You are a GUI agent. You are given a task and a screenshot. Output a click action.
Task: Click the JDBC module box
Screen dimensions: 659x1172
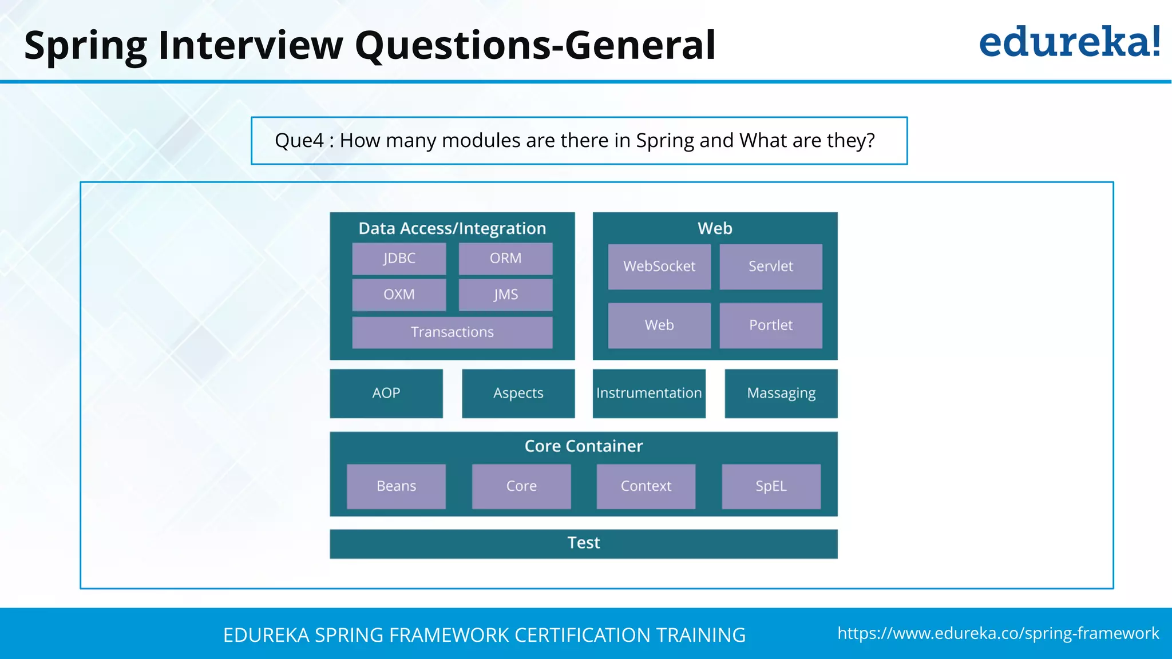(x=399, y=259)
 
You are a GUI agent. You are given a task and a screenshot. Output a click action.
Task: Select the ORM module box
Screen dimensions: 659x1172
(x=505, y=259)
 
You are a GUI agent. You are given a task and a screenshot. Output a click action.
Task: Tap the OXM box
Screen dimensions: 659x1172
(x=399, y=295)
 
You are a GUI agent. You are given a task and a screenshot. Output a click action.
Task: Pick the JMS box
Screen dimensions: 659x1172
(x=505, y=295)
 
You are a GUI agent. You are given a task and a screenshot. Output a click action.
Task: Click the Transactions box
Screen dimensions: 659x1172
(x=452, y=332)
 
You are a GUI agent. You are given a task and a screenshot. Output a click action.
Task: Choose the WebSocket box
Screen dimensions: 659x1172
(x=659, y=267)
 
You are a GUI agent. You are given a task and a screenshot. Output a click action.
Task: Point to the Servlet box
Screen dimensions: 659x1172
(x=770, y=267)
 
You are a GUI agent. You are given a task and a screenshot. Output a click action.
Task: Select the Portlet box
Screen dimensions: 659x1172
(x=770, y=325)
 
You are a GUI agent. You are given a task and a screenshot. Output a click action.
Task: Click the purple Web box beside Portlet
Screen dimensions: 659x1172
(x=659, y=325)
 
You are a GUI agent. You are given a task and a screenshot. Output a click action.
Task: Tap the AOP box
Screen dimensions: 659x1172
(x=386, y=394)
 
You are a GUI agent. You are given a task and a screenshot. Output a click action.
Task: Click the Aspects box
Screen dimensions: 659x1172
(x=518, y=394)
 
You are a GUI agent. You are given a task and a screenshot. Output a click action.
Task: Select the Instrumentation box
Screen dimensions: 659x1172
(x=649, y=394)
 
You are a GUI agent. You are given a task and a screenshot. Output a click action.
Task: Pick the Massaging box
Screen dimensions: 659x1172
(x=781, y=394)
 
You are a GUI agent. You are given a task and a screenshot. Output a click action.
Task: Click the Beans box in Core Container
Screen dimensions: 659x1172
(x=396, y=486)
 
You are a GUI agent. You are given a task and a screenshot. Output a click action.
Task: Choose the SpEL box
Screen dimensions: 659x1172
(x=771, y=486)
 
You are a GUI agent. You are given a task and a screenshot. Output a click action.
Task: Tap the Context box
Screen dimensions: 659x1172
(x=646, y=486)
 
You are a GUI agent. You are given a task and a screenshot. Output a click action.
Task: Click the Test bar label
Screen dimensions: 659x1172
(x=583, y=543)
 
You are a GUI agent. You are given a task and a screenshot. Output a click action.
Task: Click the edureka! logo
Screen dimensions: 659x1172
(x=1069, y=42)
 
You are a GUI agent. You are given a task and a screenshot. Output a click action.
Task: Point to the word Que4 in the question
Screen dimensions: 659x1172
(x=299, y=141)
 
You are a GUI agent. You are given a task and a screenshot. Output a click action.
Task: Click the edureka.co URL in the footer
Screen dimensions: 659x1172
(x=998, y=633)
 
